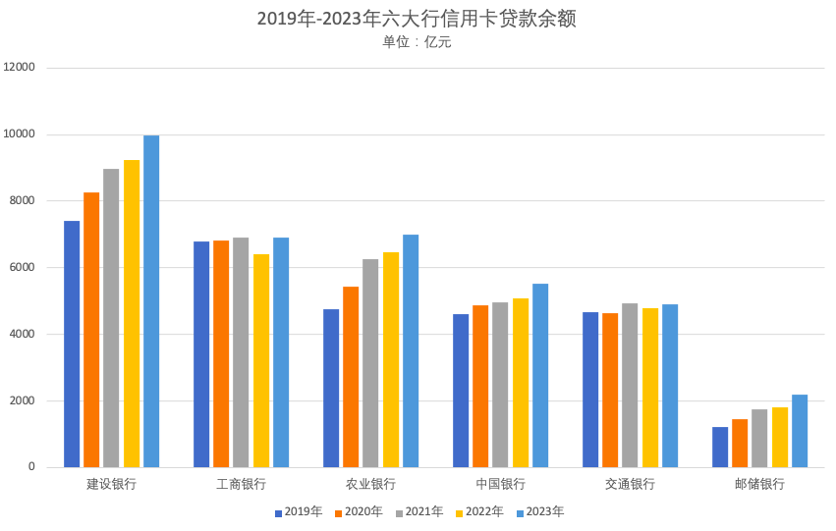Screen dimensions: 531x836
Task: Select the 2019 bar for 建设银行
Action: click(72, 344)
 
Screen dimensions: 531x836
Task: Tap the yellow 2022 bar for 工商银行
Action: click(261, 360)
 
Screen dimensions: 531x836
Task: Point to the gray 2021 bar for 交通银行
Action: click(630, 385)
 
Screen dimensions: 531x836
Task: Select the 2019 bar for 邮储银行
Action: click(720, 447)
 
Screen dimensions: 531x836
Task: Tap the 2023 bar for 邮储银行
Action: click(800, 431)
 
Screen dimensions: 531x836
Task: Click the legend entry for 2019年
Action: click(298, 511)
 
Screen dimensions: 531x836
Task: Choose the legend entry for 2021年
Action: click(419, 511)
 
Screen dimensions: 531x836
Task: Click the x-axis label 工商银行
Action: click(241, 484)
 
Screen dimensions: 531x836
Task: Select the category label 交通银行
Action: click(630, 484)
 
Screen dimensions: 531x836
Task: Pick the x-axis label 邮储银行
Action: click(759, 484)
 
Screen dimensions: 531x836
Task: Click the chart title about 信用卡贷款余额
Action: click(417, 19)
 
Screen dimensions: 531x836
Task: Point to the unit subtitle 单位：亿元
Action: click(417, 42)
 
